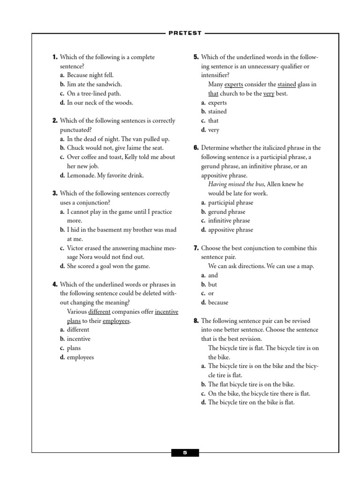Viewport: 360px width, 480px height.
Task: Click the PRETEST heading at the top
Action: click(x=184, y=33)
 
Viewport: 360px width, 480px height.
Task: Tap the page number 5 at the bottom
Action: click(x=185, y=453)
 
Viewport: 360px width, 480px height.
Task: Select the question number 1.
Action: click(x=55, y=57)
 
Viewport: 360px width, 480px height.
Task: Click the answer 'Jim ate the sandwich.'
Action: click(x=94, y=84)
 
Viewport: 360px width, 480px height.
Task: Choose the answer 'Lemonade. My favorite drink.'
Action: click(x=105, y=175)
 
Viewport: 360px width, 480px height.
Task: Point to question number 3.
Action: click(x=55, y=193)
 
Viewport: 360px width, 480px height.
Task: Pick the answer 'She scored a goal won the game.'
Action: click(x=108, y=266)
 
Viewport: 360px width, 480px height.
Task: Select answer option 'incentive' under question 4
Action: click(x=79, y=339)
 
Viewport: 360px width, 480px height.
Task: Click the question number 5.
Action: click(x=196, y=57)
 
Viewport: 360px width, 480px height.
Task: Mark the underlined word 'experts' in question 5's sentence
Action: click(x=233, y=84)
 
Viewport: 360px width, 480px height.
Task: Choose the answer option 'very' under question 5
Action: click(x=213, y=130)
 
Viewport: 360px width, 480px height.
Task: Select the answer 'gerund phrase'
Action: click(x=226, y=211)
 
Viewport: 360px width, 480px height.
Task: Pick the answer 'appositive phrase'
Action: click(x=230, y=230)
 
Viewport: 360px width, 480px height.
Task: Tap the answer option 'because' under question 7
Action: click(x=218, y=302)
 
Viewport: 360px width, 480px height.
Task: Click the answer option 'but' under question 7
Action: click(x=212, y=284)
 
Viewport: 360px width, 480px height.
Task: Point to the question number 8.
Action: click(x=196, y=321)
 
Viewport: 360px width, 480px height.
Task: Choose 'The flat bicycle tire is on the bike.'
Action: click(x=251, y=384)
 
